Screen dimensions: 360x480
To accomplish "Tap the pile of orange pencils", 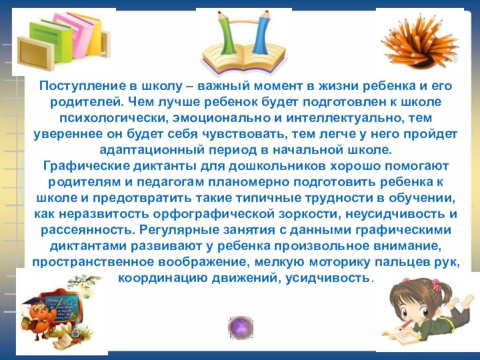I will click(419, 41).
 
